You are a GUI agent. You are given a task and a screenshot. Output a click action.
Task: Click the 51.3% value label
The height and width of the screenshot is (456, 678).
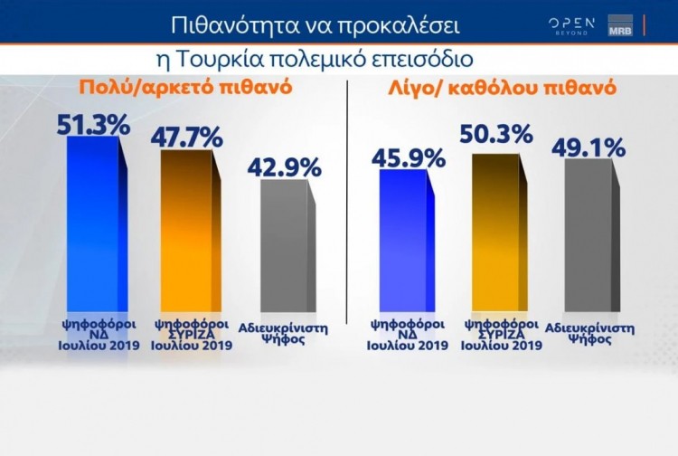point(93,124)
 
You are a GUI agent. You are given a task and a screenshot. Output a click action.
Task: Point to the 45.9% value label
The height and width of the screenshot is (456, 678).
point(408,157)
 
